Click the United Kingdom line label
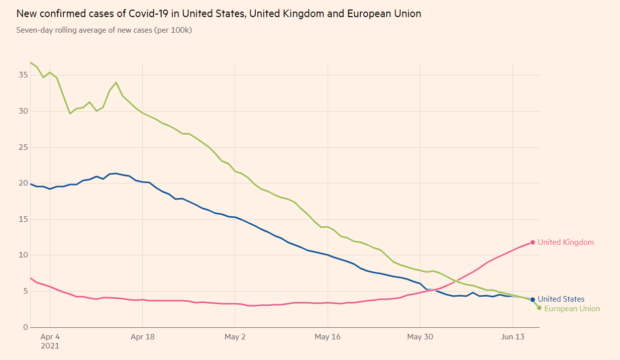[565, 242]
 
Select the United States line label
[561, 299]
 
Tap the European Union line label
[572, 309]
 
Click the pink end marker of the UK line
[533, 242]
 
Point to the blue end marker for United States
[533, 300]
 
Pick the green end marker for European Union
[539, 308]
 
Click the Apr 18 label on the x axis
[143, 337]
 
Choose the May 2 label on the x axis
[235, 337]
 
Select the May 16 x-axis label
[328, 337]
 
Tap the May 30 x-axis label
[420, 337]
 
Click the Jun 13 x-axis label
[512, 337]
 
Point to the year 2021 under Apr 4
[50, 346]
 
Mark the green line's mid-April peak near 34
[116, 82]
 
